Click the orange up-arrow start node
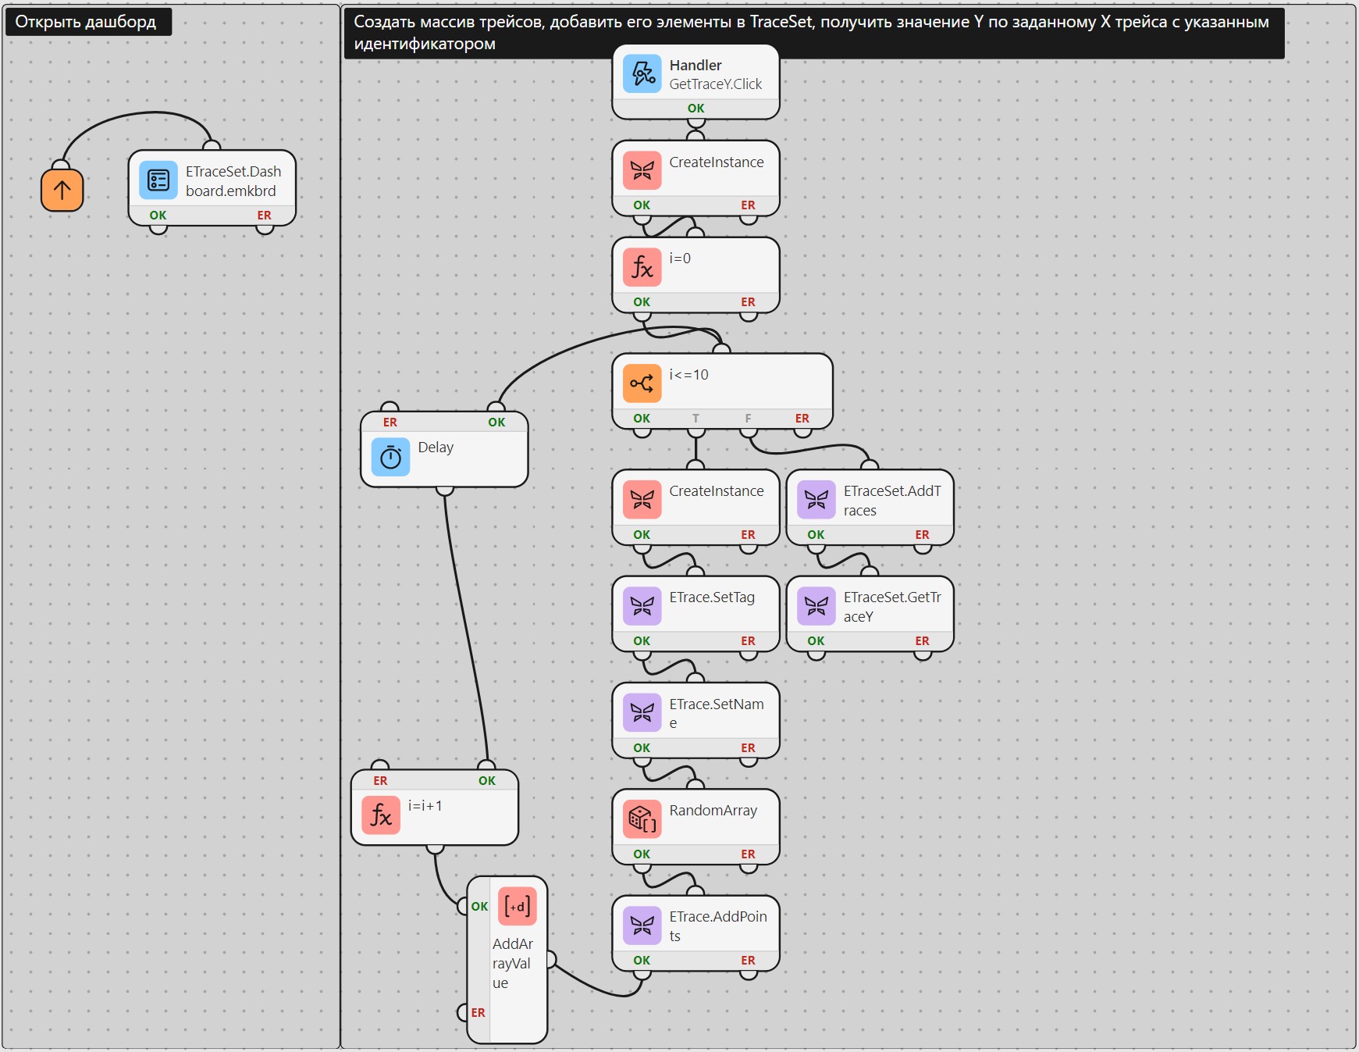(x=62, y=190)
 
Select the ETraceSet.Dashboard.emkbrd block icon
(x=158, y=180)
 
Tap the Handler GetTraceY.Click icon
(x=642, y=74)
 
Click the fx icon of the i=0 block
(x=642, y=268)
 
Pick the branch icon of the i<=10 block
(x=642, y=383)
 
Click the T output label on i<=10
(x=696, y=419)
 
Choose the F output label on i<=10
(x=748, y=419)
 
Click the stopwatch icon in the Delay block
(x=391, y=457)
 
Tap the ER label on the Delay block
(x=390, y=423)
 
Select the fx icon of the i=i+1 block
(x=381, y=815)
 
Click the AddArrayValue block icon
(x=517, y=907)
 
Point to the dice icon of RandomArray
(x=642, y=819)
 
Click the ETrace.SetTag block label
(x=712, y=597)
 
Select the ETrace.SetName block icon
(x=642, y=713)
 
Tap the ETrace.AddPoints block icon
(x=642, y=925)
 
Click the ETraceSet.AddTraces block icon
(x=816, y=500)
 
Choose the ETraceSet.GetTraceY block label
(x=892, y=607)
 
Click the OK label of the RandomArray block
(x=642, y=854)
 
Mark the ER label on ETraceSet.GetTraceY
(x=922, y=641)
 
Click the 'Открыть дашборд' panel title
(x=86, y=22)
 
